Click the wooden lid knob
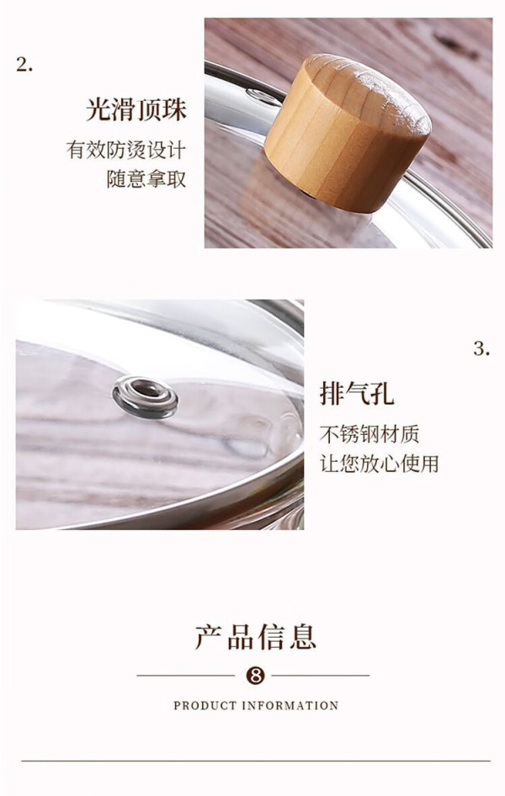point(348,132)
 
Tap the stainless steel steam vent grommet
point(146,397)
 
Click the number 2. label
point(24,65)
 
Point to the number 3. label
point(481,348)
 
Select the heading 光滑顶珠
point(136,109)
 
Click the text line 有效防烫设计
point(126,150)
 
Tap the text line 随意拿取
point(146,179)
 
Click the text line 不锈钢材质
point(369,434)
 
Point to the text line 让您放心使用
point(379,464)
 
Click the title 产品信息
point(256,637)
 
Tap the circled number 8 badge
point(255,676)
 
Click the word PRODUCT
point(205,706)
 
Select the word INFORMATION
point(290,706)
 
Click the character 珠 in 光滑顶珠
point(174,109)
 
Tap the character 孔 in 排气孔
point(382,393)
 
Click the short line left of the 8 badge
point(186,676)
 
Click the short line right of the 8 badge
point(321,676)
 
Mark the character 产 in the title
point(209,637)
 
